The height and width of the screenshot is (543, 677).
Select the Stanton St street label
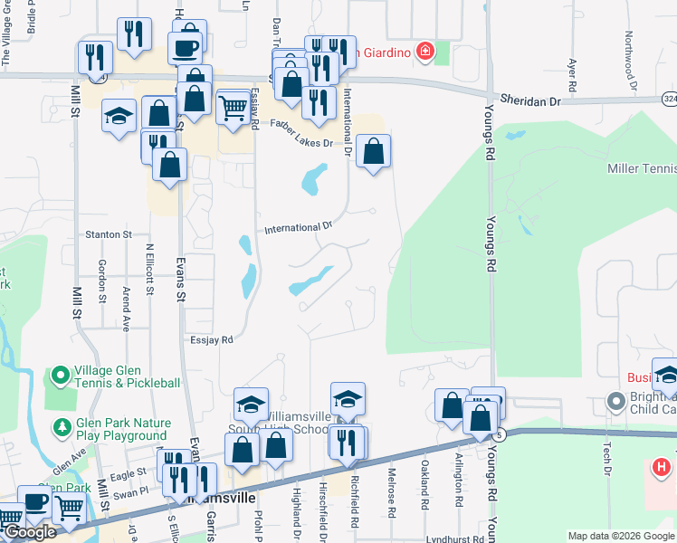(108, 234)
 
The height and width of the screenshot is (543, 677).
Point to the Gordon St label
(101, 282)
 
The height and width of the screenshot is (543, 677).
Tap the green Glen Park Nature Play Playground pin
(62, 426)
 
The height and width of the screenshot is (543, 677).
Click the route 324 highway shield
(668, 98)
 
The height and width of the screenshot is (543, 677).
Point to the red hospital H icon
(662, 468)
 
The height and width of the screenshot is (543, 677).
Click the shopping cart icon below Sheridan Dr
(234, 109)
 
